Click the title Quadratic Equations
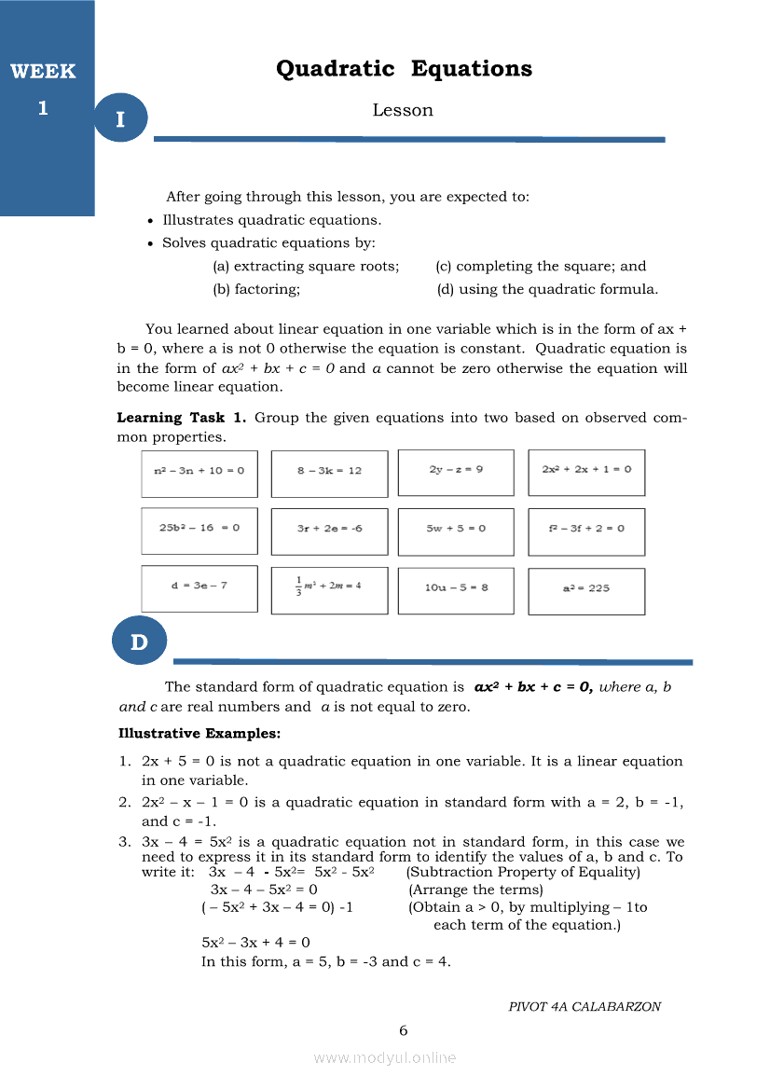tap(404, 69)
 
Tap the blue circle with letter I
tap(120, 118)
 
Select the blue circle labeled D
tap(139, 641)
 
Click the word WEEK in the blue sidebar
tap(43, 72)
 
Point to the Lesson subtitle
tap(403, 110)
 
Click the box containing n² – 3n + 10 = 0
tap(199, 472)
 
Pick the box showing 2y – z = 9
tap(456, 472)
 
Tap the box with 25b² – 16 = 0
tap(199, 530)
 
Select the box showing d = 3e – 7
tap(199, 588)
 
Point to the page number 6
tap(404, 1030)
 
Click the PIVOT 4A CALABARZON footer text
tap(584, 1006)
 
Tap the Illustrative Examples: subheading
tap(199, 733)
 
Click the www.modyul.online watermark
tap(385, 1057)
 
